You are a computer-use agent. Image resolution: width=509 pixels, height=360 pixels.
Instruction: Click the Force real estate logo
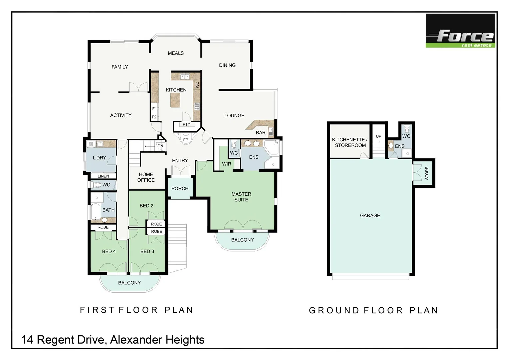460,31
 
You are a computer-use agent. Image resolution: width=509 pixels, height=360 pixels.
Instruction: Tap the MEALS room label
176,53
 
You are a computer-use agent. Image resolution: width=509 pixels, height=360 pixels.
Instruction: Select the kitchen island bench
175,100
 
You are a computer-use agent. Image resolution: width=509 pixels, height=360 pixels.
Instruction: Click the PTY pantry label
186,124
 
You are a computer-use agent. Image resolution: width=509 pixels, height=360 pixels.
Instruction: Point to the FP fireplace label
186,140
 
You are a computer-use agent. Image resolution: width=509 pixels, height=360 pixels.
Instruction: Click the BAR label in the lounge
261,133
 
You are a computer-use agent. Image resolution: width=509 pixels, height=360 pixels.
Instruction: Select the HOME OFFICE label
146,177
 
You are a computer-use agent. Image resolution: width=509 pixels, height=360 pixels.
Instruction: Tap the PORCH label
180,189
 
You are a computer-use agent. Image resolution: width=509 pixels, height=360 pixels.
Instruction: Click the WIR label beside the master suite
227,164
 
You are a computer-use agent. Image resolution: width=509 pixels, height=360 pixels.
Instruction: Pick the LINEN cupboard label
103,176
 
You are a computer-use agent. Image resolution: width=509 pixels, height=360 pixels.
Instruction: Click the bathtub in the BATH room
96,211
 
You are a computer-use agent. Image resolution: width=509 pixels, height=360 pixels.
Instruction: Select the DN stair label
160,146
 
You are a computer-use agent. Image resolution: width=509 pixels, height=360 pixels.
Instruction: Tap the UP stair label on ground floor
379,136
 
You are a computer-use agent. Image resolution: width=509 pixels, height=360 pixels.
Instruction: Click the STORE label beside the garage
427,173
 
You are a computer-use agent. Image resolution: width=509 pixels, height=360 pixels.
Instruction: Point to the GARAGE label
370,216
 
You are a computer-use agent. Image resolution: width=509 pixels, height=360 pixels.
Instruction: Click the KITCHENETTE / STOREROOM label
350,142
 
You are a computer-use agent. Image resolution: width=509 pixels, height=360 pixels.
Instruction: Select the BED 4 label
109,251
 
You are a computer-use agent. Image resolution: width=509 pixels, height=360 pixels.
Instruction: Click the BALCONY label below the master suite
242,240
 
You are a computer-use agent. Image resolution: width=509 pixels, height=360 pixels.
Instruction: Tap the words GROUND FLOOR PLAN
373,310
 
